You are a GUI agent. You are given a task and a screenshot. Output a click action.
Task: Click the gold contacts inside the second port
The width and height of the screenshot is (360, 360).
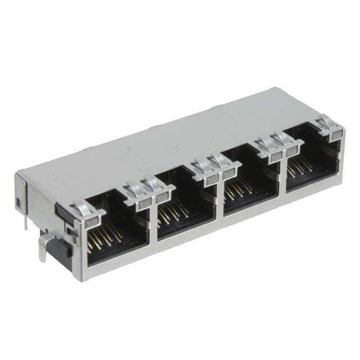coord(172,213)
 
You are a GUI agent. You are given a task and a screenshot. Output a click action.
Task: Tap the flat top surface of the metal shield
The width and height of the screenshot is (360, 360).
coord(169,141)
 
